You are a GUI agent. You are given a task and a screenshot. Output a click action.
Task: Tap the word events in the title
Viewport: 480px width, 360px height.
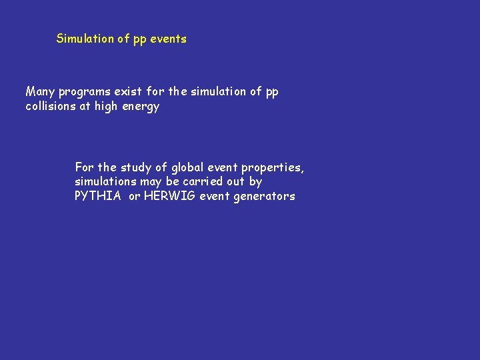168,39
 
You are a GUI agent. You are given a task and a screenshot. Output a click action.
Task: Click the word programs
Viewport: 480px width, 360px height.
84,92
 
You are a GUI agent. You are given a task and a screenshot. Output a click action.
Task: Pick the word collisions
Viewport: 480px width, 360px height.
51,106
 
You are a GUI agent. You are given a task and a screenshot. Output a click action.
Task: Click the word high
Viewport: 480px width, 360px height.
106,107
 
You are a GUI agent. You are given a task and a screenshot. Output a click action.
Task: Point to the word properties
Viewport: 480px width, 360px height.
274,167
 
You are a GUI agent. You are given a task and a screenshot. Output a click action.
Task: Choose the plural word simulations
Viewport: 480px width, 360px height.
105,181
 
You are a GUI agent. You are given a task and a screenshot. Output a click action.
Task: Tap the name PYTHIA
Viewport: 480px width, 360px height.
98,196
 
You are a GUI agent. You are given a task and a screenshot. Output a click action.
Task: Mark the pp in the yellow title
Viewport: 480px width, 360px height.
139,39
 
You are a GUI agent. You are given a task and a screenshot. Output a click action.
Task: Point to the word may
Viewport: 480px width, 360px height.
151,182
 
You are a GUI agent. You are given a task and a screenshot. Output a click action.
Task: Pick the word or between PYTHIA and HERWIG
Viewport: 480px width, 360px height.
135,196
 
